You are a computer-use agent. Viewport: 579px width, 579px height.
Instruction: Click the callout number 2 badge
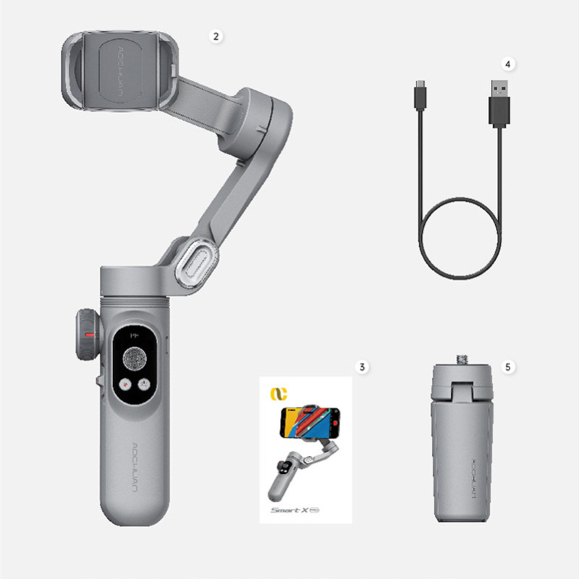point(214,34)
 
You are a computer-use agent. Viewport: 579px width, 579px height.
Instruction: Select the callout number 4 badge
point(508,64)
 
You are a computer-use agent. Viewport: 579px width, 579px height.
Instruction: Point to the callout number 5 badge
point(508,367)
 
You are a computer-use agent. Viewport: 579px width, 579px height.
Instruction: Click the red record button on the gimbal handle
point(126,386)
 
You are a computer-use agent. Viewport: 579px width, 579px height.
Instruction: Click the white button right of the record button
point(145,386)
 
